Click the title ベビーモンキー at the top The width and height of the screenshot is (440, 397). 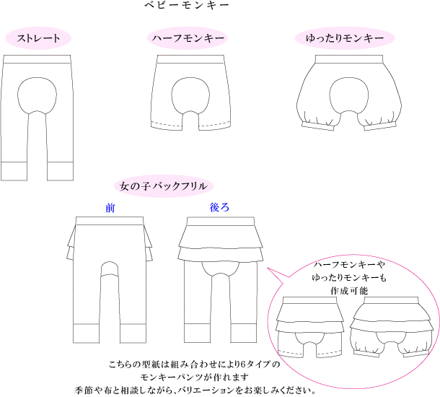click(x=187, y=5)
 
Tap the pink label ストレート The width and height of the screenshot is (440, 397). click(x=38, y=38)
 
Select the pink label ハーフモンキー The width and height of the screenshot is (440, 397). click(x=187, y=38)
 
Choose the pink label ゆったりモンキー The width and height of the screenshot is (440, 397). click(x=345, y=38)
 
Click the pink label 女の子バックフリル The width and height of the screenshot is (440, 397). click(x=164, y=186)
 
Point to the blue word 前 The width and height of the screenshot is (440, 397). click(x=110, y=208)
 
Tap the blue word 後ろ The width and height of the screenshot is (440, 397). click(x=219, y=207)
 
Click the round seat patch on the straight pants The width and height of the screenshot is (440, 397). click(x=37, y=95)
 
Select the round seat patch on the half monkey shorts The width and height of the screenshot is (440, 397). click(x=190, y=96)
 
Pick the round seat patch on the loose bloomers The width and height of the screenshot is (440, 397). click(x=349, y=95)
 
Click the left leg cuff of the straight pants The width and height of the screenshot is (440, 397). click(x=14, y=171)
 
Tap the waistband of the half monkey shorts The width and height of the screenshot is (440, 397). click(x=190, y=59)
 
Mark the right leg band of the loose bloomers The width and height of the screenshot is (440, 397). click(x=380, y=126)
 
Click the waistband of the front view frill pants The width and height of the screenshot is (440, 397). click(x=110, y=221)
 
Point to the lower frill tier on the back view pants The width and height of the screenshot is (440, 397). click(x=221, y=253)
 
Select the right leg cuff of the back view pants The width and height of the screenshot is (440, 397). click(x=244, y=333)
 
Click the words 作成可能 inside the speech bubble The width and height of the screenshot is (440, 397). click(x=349, y=291)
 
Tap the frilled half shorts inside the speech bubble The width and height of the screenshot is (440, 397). click(x=309, y=327)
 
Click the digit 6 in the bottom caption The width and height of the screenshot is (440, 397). click(x=243, y=365)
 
